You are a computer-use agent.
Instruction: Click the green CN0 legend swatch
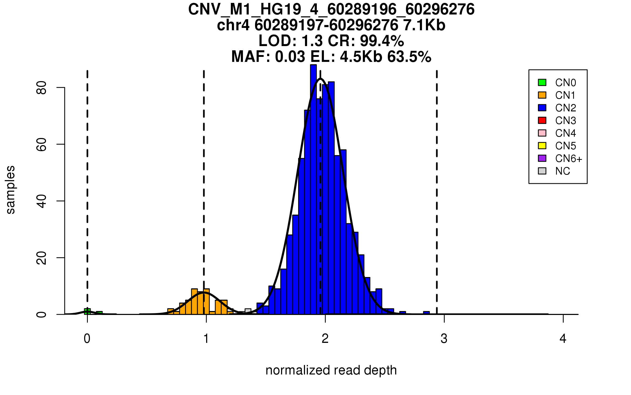542,82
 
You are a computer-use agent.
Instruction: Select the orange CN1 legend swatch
542,95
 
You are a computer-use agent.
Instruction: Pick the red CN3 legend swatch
542,120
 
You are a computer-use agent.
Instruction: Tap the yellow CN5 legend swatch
542,146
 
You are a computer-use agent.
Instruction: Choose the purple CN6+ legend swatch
542,158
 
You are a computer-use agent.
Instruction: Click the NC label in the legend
563,171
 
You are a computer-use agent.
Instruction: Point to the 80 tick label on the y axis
42,87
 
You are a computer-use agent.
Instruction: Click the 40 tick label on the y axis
42,201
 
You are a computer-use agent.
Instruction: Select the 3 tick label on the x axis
444,339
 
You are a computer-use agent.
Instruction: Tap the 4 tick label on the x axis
563,339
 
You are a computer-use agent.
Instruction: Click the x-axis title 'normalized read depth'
331,370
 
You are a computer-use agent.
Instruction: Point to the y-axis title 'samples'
11,190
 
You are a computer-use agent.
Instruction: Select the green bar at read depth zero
87,312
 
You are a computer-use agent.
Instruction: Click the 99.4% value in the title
382,41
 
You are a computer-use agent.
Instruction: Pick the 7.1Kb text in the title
424,25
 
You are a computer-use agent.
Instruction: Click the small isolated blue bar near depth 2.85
426,313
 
